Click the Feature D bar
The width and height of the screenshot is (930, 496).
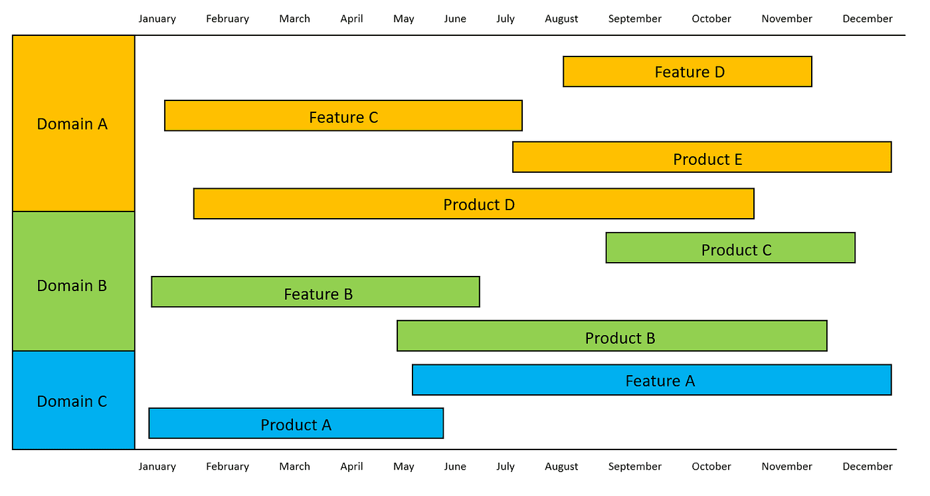pos(687,72)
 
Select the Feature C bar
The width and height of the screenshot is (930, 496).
pos(343,116)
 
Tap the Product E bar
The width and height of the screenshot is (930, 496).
pos(701,157)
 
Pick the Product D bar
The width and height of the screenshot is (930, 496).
pos(474,203)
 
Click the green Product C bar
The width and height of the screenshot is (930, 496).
pos(730,248)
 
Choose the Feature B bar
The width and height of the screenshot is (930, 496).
pos(315,292)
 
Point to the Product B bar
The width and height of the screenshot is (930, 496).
pos(612,336)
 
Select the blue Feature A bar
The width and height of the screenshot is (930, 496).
pos(651,380)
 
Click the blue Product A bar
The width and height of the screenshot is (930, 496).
pos(296,424)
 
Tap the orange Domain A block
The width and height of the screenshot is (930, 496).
pos(73,124)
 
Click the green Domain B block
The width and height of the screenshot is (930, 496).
pos(73,282)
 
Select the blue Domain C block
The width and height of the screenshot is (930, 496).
pos(73,400)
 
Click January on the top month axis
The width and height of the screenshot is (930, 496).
pos(157,19)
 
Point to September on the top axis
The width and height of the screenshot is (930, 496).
pos(634,19)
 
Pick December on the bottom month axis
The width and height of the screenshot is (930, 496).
pos(867,467)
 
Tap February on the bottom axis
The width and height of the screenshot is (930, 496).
pos(227,467)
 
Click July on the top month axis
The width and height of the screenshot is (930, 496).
pos(505,19)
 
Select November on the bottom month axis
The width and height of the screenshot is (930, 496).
pos(787,467)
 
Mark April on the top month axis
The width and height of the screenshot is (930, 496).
pos(351,19)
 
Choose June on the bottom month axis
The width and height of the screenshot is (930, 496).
pos(454,467)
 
